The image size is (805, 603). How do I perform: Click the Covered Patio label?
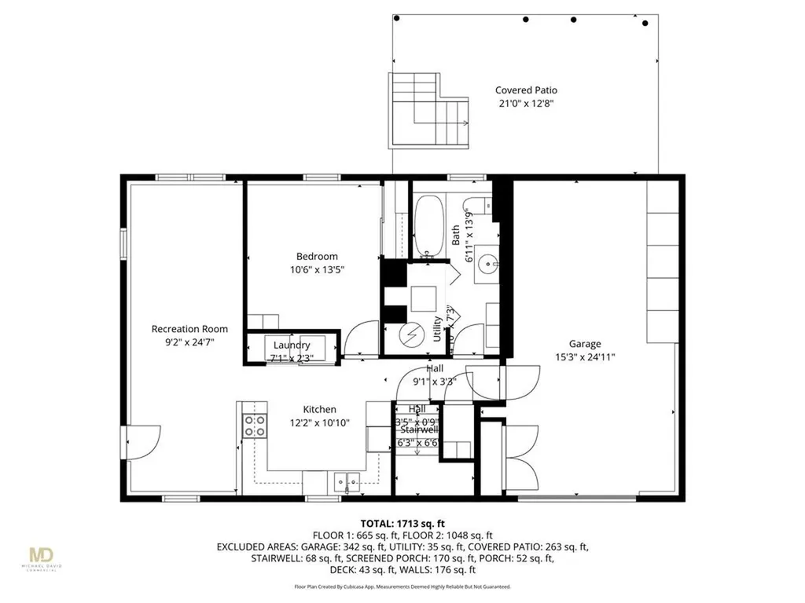point(526,90)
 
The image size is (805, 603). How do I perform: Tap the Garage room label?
point(585,344)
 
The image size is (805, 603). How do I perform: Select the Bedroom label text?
point(317,257)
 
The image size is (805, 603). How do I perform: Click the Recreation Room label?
point(189,329)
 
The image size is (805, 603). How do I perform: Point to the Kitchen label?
point(320,409)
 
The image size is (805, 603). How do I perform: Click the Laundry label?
point(292,345)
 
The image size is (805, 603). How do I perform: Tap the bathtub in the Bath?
point(428,226)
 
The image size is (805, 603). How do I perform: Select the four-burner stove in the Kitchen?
point(254,426)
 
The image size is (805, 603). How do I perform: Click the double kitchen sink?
point(346,479)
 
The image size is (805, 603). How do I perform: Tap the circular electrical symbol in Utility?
point(410,335)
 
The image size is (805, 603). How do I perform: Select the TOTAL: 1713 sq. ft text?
point(403,523)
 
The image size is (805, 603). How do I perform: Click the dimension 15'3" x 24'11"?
point(585,356)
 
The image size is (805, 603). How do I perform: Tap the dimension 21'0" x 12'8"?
point(526,104)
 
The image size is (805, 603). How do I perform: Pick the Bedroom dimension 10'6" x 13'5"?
point(317,269)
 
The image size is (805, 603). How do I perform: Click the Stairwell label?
point(417,430)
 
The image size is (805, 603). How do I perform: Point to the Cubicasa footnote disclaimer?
point(402,587)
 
